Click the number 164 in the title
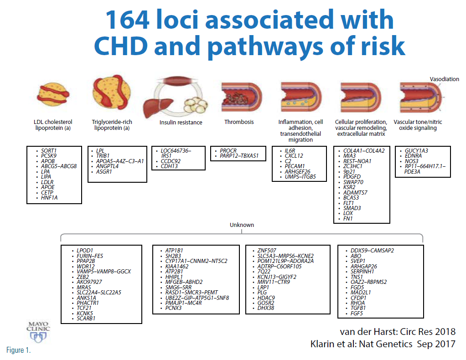tap(127, 20)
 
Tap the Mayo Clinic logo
tap(38, 332)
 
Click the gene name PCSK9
tap(49, 156)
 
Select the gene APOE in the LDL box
tap(48, 187)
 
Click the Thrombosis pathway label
tap(239, 122)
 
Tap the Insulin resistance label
tap(181, 123)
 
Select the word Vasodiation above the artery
tap(444, 79)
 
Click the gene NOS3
tap(411, 161)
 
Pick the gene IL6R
tap(290, 150)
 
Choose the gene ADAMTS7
tap(355, 192)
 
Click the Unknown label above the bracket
tap(242, 225)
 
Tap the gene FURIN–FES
tap(90, 256)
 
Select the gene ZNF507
tap(267, 250)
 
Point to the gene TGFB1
tap(358, 308)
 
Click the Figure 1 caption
tap(18, 350)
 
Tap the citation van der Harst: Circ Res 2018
tap(398, 331)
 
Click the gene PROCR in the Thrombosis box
tap(228, 150)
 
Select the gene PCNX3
tap(173, 308)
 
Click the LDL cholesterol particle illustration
tap(53, 94)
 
